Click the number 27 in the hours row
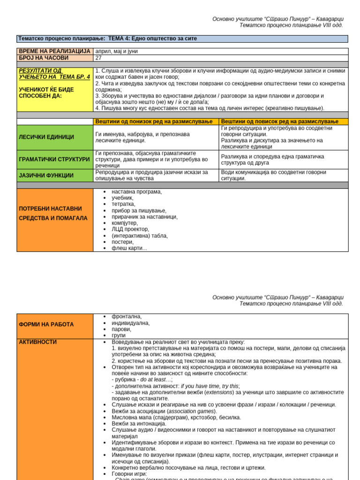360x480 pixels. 98,58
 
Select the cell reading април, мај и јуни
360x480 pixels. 116,52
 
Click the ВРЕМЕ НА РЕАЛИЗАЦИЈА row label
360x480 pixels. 54,52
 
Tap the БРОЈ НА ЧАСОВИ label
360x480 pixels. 44,58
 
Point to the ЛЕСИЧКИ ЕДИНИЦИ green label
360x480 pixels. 46,137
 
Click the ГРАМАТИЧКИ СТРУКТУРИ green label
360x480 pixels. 54,159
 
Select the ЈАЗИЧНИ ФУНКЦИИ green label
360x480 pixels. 46,176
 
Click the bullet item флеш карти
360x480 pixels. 129,248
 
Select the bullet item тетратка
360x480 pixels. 123,204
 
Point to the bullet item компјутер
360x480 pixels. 124,223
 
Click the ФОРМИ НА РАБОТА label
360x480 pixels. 46,324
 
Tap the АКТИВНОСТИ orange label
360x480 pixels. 37,343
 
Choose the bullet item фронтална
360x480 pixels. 126,317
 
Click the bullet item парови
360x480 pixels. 122,330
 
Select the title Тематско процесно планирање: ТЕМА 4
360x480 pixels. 107,38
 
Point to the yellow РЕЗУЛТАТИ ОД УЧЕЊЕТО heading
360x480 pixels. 54,74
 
